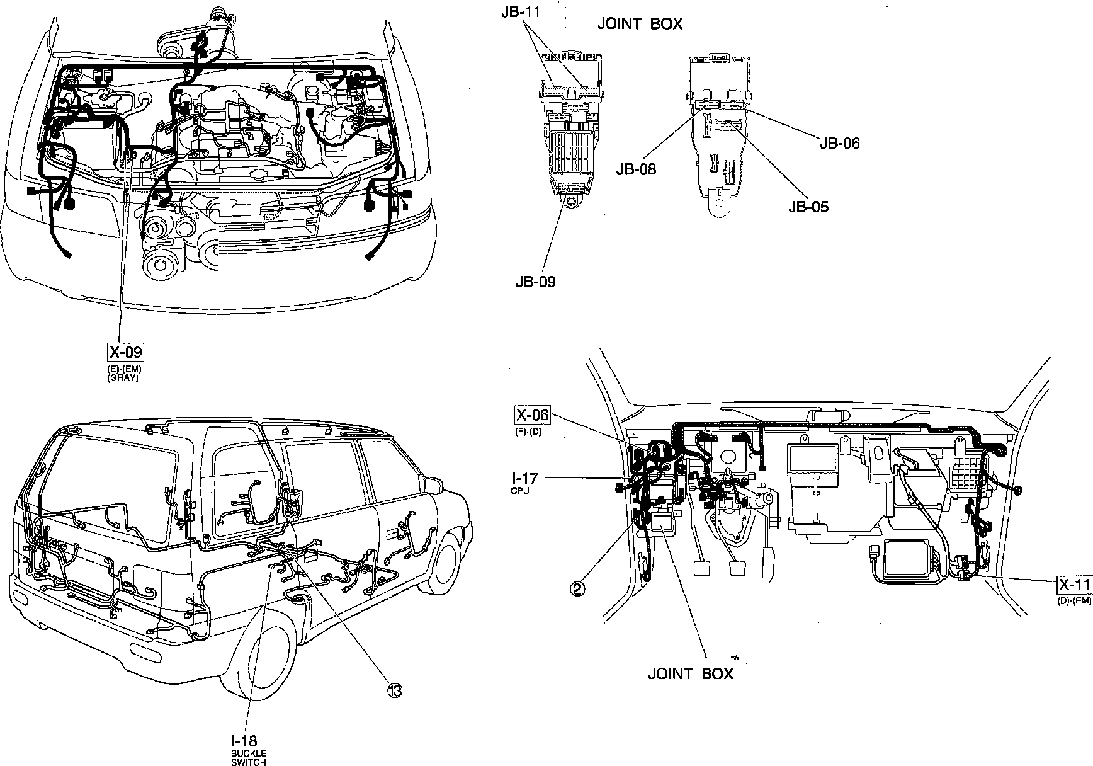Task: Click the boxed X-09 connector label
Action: point(126,352)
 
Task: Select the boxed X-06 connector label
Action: point(532,414)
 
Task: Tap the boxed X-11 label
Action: point(1074,585)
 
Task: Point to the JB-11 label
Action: point(521,11)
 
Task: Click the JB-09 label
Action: point(535,282)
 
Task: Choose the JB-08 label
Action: point(636,169)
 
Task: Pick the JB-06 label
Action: point(839,143)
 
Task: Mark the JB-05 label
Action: point(808,207)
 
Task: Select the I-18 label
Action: point(244,741)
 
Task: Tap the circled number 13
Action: point(395,691)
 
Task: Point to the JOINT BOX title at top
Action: point(639,24)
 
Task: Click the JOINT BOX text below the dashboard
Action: point(691,673)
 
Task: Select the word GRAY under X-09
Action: point(123,378)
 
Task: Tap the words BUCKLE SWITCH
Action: point(249,758)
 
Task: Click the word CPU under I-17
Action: point(521,491)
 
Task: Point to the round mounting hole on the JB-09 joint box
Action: point(570,202)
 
